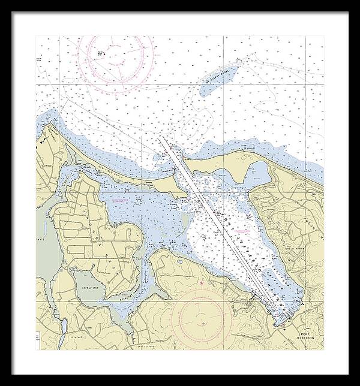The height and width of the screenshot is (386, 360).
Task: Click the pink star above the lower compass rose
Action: pos(202,282)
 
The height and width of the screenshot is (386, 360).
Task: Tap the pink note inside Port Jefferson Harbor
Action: pos(243,230)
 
